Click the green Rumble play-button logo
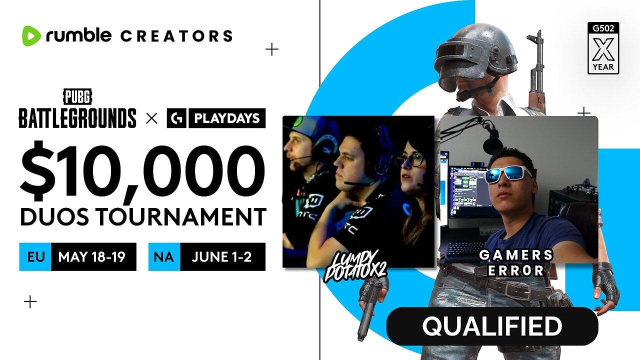(30, 36)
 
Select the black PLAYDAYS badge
(216, 118)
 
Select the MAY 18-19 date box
(91, 257)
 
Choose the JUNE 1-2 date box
(221, 257)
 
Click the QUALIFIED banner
(492, 326)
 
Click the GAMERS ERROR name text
(516, 262)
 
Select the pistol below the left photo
(370, 305)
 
